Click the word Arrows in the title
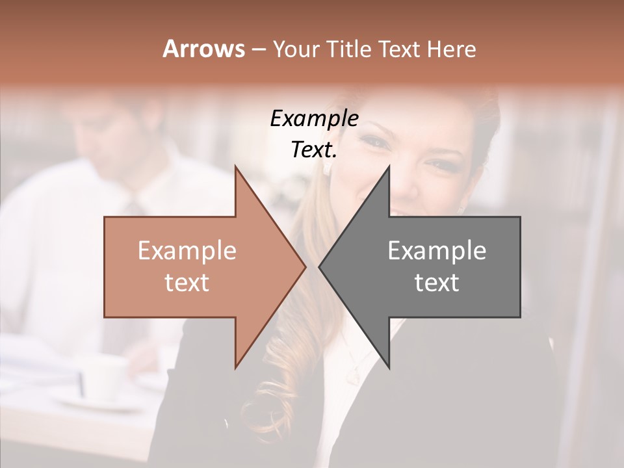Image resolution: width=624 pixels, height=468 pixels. point(204,49)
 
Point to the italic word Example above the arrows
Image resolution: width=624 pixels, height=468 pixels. point(314,119)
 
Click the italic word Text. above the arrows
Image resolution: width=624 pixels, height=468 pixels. point(314,150)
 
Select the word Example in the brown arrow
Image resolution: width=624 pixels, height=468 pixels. point(187,251)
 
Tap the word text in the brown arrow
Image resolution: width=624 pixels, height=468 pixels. point(187,283)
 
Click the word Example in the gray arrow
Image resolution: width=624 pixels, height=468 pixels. point(437,251)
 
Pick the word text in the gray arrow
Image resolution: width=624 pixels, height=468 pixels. point(437,283)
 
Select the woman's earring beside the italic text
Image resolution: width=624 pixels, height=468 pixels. point(327,168)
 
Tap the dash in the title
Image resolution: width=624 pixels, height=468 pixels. point(258,49)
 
